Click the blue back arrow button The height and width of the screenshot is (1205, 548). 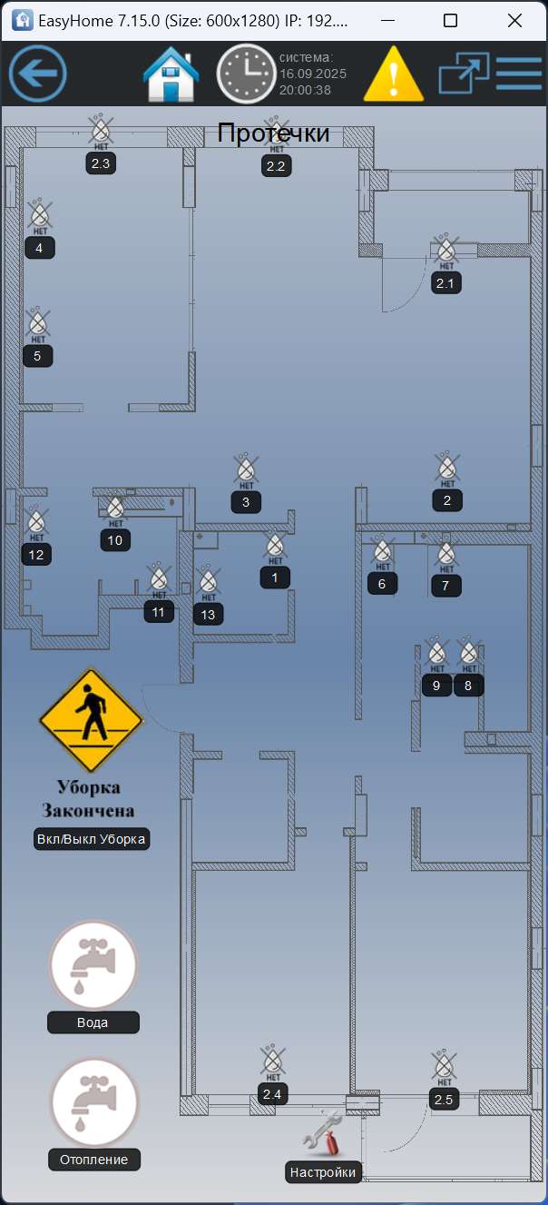pyautogui.click(x=38, y=73)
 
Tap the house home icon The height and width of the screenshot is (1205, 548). pyautogui.click(x=171, y=74)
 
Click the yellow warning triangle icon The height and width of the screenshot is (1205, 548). pyautogui.click(x=394, y=74)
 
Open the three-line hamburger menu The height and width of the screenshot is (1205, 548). pyautogui.click(x=519, y=73)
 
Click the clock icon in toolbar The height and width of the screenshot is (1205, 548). pyautogui.click(x=246, y=74)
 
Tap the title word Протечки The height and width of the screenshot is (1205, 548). pyautogui.click(x=273, y=133)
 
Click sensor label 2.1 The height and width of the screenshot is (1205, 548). pyautogui.click(x=445, y=282)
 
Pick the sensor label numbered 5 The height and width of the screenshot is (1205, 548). pyautogui.click(x=37, y=356)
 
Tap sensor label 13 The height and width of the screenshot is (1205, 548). pyautogui.click(x=209, y=615)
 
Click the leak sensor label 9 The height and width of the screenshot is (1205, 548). pyautogui.click(x=436, y=686)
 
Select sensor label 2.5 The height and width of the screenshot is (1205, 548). pyautogui.click(x=444, y=1101)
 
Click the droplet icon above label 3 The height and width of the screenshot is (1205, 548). pyautogui.click(x=246, y=469)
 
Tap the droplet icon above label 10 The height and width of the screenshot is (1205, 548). pyautogui.click(x=115, y=509)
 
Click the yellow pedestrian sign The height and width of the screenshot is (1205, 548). pyautogui.click(x=91, y=720)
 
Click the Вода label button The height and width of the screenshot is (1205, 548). pyautogui.click(x=93, y=1022)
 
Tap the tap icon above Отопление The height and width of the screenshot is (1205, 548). pyautogui.click(x=93, y=1101)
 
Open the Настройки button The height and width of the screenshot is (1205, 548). pyautogui.click(x=323, y=1172)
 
